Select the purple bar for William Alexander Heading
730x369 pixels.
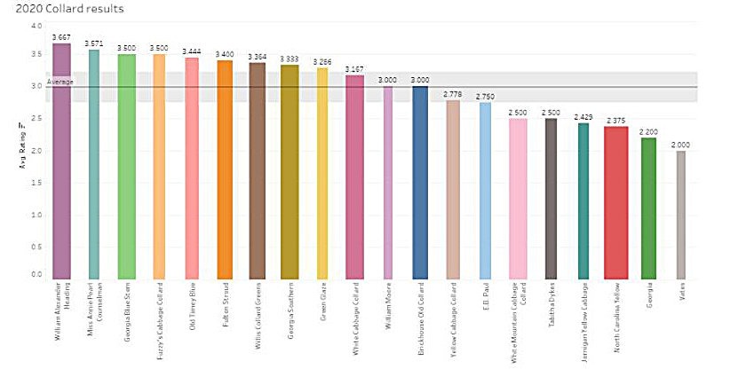coord(61,160)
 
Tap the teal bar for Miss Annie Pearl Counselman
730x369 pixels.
coord(93,163)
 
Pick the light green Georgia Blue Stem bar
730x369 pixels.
coord(125,165)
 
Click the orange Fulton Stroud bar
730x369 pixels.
coord(225,169)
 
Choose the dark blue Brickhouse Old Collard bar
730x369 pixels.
coord(420,181)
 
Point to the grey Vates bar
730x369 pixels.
coord(680,214)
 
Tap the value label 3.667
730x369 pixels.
coord(61,37)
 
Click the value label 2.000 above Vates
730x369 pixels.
coord(680,145)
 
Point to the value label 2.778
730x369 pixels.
coord(453,94)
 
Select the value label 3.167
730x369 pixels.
coord(354,69)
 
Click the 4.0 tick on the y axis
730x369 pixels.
coord(36,26)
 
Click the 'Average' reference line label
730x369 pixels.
coord(60,82)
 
